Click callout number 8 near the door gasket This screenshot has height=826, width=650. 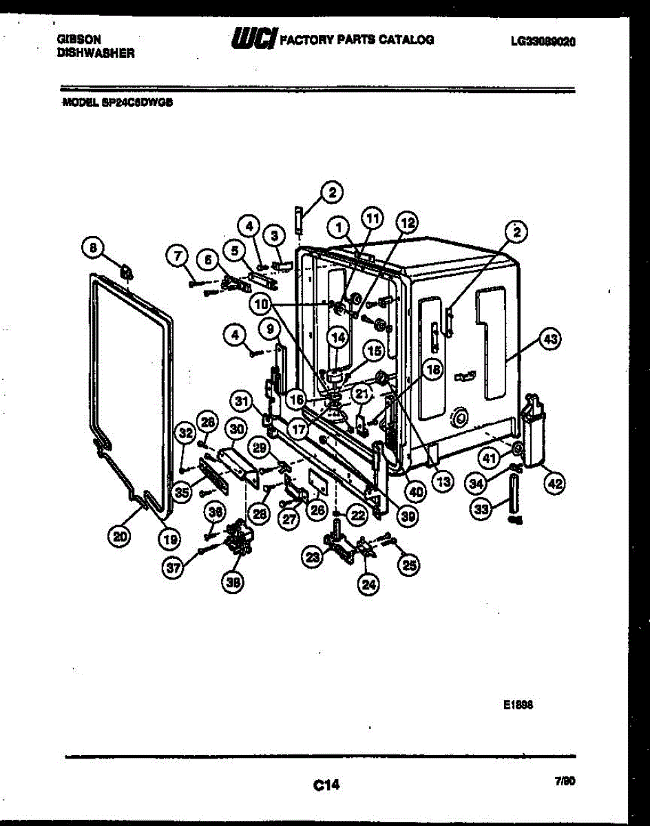click(95, 246)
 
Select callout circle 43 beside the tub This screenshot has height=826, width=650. click(549, 339)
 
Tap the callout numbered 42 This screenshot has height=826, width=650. click(554, 484)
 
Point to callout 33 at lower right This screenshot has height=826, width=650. click(481, 509)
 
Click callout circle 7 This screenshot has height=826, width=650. click(177, 257)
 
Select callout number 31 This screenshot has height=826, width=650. click(240, 400)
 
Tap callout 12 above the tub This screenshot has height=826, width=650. click(407, 222)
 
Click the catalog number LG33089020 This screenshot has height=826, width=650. click(543, 41)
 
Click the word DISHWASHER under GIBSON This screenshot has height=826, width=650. click(96, 52)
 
